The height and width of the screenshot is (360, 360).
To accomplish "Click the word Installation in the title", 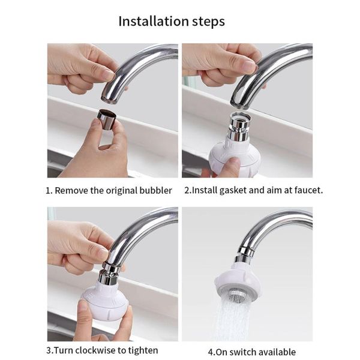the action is point(154,21).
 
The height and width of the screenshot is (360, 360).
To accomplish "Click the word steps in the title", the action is point(208,22).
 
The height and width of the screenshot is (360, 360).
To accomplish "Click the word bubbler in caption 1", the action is point(155,191).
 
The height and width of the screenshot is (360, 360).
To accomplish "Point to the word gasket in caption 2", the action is point(233,191).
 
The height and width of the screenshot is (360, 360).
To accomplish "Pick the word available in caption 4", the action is point(278,352).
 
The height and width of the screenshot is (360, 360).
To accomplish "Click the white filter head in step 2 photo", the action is point(234,155).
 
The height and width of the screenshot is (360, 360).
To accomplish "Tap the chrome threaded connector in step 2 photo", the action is point(240,126).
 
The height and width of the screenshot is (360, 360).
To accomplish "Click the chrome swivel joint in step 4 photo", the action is point(245,255).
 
